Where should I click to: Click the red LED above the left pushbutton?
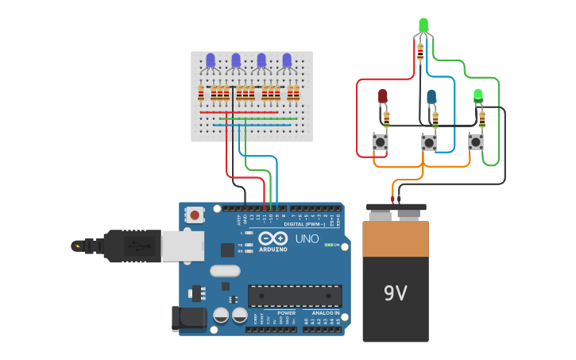pyautogui.click(x=382, y=96)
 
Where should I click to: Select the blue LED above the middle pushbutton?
pyautogui.click(x=431, y=96)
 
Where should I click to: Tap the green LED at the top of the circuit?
pyautogui.click(x=423, y=25)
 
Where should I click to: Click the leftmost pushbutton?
pyautogui.click(x=381, y=142)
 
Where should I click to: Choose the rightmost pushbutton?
pyautogui.click(x=476, y=141)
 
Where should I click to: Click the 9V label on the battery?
pyautogui.click(x=395, y=293)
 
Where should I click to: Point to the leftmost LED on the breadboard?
pyautogui.click(x=211, y=60)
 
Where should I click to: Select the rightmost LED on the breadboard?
pyautogui.click(x=287, y=60)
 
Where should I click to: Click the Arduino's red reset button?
pyautogui.click(x=195, y=215)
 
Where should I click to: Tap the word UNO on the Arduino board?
pyautogui.click(x=307, y=238)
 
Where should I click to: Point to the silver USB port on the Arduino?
pyautogui.click(x=182, y=246)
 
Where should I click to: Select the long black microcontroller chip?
pyautogui.click(x=295, y=296)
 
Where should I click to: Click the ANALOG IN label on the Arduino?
pyautogui.click(x=324, y=313)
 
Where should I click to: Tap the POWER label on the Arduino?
pyautogui.click(x=286, y=313)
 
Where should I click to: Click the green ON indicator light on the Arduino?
pyautogui.click(x=328, y=245)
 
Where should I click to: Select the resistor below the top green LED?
pyautogui.click(x=420, y=52)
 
